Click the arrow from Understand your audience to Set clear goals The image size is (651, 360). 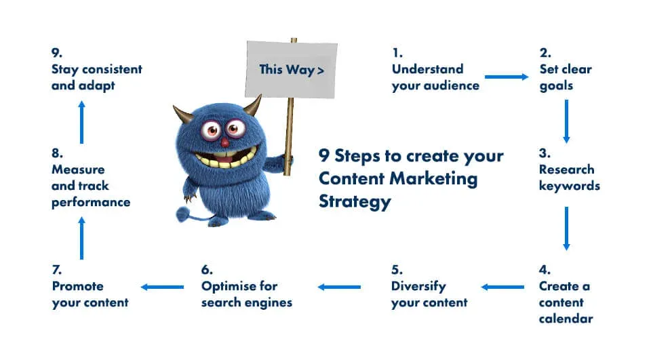click(507, 77)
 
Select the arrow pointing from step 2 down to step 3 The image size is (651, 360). click(566, 121)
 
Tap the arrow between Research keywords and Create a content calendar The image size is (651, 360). click(566, 228)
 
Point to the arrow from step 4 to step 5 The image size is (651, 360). click(502, 287)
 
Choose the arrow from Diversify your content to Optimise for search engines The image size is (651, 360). click(339, 287)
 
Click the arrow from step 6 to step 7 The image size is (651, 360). click(162, 287)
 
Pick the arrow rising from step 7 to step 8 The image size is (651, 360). click(82, 239)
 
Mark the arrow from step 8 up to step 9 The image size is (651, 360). click(82, 123)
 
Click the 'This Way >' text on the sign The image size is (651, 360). click(292, 70)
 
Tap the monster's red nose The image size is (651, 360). click(224, 143)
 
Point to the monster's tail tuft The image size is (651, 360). click(183, 214)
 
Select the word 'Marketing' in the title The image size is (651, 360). click(434, 178)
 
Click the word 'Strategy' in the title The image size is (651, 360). click(355, 202)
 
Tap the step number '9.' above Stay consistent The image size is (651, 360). click(57, 53)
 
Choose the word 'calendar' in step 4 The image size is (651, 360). click(566, 319)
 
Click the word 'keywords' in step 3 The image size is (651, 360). click(570, 186)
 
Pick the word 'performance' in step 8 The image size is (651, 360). click(91, 203)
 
